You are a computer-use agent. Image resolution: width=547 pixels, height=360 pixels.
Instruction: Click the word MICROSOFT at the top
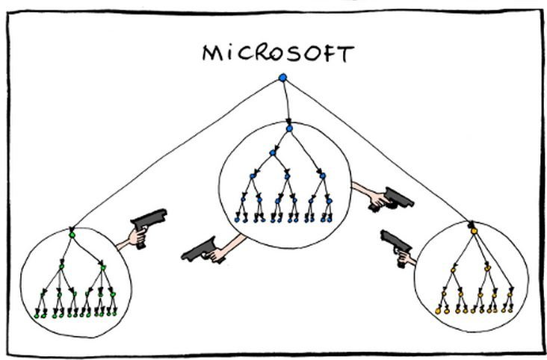tap(279, 53)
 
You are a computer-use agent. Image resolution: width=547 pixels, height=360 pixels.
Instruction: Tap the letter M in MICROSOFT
tap(212, 54)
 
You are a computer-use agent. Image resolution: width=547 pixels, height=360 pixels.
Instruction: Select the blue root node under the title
tap(283, 78)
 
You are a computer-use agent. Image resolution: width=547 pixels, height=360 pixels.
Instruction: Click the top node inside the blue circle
tap(289, 128)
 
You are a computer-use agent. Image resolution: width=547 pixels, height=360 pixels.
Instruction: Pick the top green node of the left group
tap(72, 235)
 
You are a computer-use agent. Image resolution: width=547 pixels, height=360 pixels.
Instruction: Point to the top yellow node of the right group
tap(474, 231)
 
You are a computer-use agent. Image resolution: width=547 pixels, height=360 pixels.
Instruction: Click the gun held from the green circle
tap(148, 223)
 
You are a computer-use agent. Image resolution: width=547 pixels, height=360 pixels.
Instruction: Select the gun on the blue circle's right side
tap(392, 199)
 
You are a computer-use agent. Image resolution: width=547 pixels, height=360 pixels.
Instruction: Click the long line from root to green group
tap(176, 154)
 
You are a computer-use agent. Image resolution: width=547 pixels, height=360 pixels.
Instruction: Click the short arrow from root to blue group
tap(286, 102)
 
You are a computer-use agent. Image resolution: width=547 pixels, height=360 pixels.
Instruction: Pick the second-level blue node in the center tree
tap(273, 153)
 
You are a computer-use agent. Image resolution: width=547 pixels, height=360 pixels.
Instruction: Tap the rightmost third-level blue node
tap(323, 176)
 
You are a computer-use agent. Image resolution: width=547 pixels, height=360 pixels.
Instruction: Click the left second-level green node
tap(62, 267)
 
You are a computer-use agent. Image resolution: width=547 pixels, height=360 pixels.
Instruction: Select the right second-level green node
tap(103, 267)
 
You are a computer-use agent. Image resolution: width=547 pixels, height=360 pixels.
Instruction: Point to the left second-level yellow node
tap(453, 270)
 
